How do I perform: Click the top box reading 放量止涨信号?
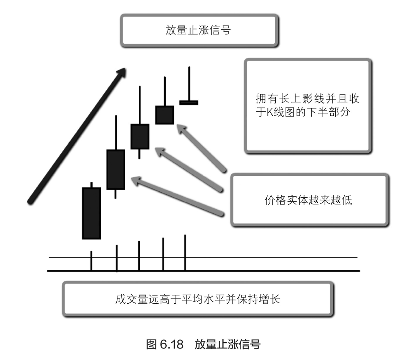coord(199,31)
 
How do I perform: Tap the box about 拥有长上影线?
coord(308,105)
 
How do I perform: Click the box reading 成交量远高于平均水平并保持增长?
coord(197,299)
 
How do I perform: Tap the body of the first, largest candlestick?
coord(91,213)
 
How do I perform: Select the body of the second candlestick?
coord(116,169)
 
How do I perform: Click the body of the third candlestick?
coord(140,136)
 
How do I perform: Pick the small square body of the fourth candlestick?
coord(164,115)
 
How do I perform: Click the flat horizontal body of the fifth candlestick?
coord(189,102)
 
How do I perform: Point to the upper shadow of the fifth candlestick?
coord(189,83)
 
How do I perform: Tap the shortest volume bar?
coord(91,261)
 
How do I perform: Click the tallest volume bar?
coord(185,253)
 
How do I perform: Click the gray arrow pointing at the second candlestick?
coord(178,195)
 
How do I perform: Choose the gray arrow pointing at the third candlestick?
coord(189,169)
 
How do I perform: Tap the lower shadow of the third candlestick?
coord(139,154)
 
